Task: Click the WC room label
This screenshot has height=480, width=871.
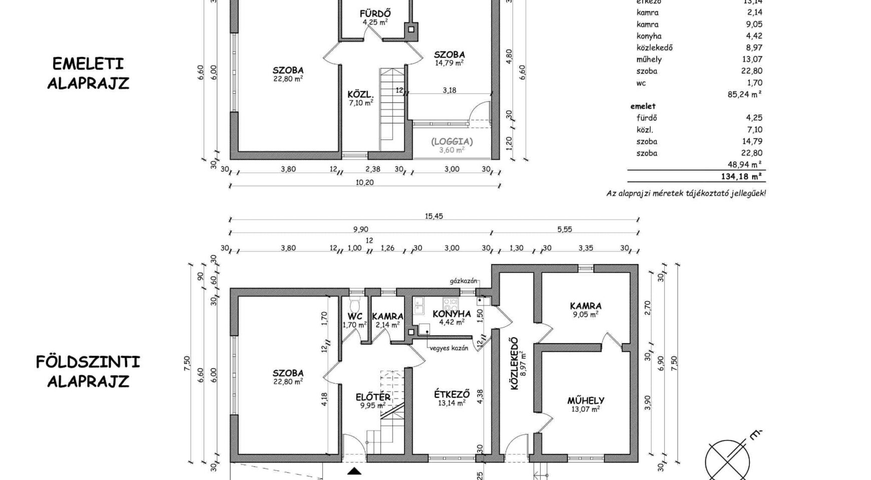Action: (355, 316)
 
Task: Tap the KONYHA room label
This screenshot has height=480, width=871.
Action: (452, 314)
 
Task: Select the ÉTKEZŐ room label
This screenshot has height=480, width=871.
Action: (452, 394)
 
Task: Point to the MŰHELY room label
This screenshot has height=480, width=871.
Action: (586, 400)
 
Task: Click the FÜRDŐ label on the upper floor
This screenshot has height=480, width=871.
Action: (375, 13)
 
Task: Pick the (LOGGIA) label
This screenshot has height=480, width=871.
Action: (452, 141)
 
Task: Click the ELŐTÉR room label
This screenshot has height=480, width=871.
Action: (373, 397)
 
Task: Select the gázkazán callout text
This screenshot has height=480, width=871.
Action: (464, 281)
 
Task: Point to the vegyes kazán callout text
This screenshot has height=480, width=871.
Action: (449, 348)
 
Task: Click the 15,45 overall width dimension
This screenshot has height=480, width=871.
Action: (434, 216)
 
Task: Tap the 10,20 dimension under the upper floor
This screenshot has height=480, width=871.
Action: (364, 182)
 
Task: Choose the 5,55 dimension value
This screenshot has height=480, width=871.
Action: (564, 229)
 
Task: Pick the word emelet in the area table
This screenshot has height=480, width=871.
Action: (643, 106)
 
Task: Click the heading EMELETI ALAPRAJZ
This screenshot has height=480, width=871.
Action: (88, 73)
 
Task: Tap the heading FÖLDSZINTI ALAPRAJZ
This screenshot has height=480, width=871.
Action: (88, 371)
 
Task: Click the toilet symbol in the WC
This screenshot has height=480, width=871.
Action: (355, 304)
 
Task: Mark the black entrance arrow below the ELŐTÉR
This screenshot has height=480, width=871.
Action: (355, 471)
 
